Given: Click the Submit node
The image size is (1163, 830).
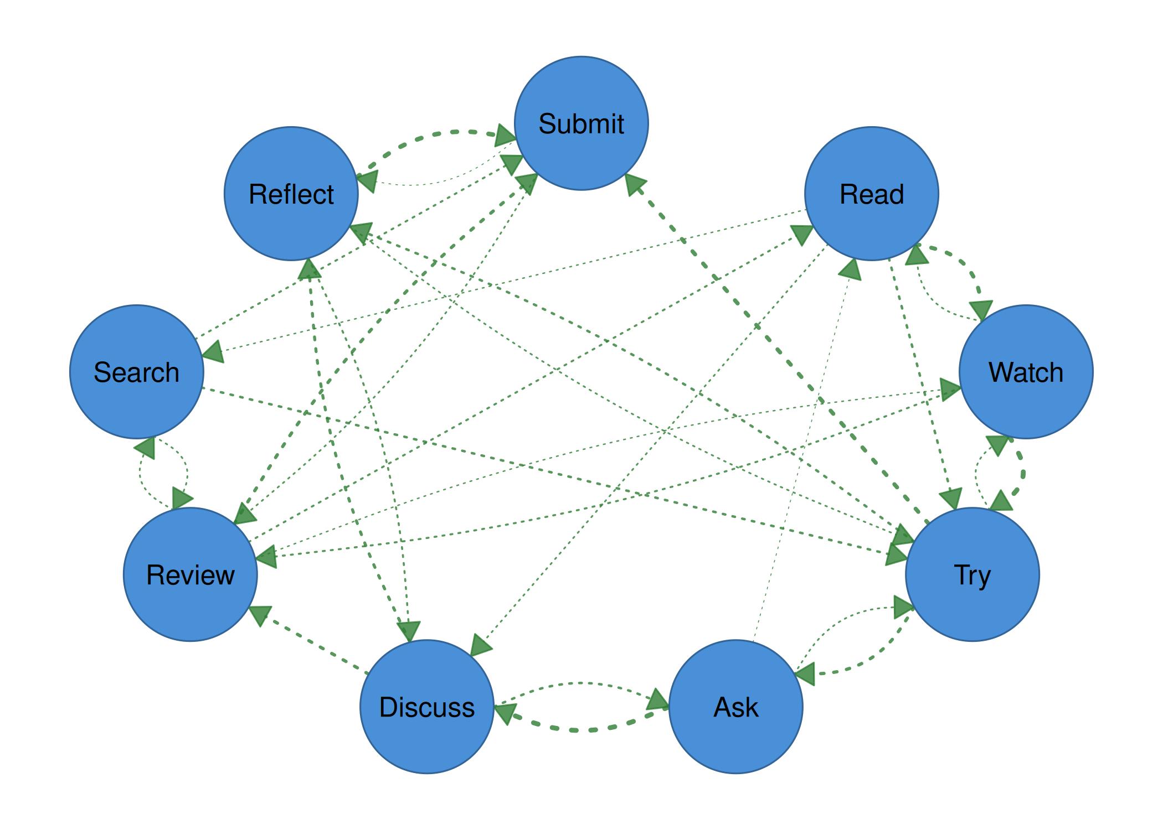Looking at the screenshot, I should click(x=581, y=123).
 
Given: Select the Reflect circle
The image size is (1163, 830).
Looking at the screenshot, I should click(x=291, y=194).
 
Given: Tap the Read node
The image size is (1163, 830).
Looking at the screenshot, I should click(x=871, y=194).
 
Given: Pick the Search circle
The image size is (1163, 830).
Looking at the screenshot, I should click(x=136, y=372).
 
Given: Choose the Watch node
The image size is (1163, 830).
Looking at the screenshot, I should click(x=1026, y=372).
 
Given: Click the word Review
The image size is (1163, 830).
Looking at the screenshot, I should click(x=190, y=575).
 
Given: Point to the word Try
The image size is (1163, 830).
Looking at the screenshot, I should click(x=972, y=575).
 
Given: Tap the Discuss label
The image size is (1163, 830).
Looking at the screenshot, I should click(x=426, y=707).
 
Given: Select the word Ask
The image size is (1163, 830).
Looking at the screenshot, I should click(x=735, y=707).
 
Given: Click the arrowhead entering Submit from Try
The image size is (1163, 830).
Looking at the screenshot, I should click(x=635, y=184).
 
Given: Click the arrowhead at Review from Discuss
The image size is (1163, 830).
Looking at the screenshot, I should click(x=259, y=615).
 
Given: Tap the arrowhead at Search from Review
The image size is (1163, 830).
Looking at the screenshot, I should click(x=145, y=448).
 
